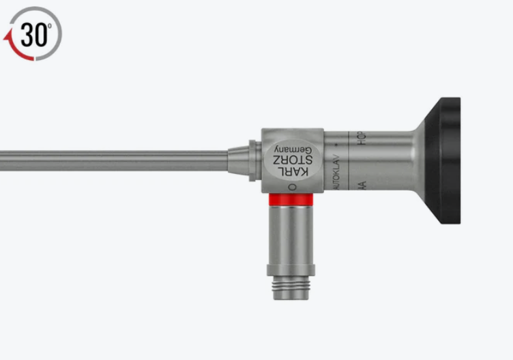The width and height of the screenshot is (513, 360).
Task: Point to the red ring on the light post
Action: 291,199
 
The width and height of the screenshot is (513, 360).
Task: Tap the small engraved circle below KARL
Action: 292,186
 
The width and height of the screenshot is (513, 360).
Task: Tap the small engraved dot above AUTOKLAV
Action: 336,147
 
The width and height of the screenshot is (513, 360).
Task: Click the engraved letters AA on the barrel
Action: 362,185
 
